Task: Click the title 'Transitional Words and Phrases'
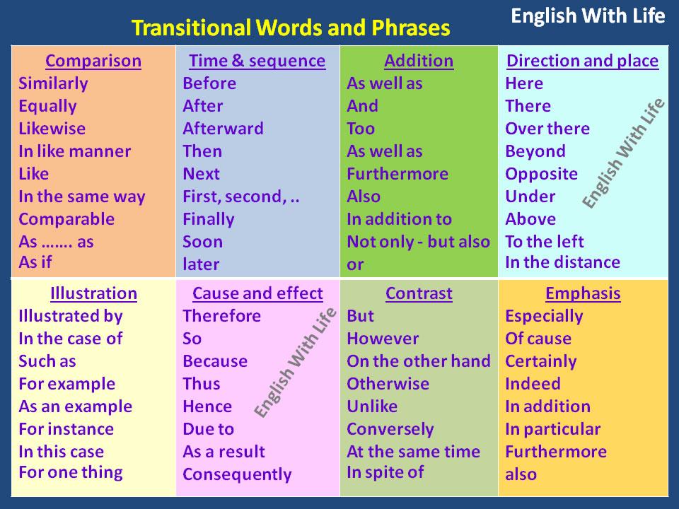[x=291, y=28]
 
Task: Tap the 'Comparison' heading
[x=93, y=61]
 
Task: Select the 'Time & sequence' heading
[x=257, y=61]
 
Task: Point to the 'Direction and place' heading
[x=582, y=61]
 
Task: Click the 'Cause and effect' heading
[x=257, y=293]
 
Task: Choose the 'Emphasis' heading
[x=583, y=294]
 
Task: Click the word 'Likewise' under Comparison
[x=52, y=129]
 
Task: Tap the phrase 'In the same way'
[x=82, y=197]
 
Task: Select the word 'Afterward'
[x=223, y=129]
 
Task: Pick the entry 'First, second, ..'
[x=241, y=197]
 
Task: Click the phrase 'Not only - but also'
[x=418, y=242]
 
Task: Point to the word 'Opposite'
[x=541, y=175]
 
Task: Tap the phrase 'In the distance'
[x=562, y=262]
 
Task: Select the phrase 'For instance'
[x=66, y=429]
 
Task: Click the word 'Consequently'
[x=238, y=475]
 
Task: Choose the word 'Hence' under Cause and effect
[x=207, y=406]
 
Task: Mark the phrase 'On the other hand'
[x=419, y=361]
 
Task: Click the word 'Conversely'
[x=390, y=429]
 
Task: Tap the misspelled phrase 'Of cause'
[x=538, y=339]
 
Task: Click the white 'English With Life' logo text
[x=588, y=16]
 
